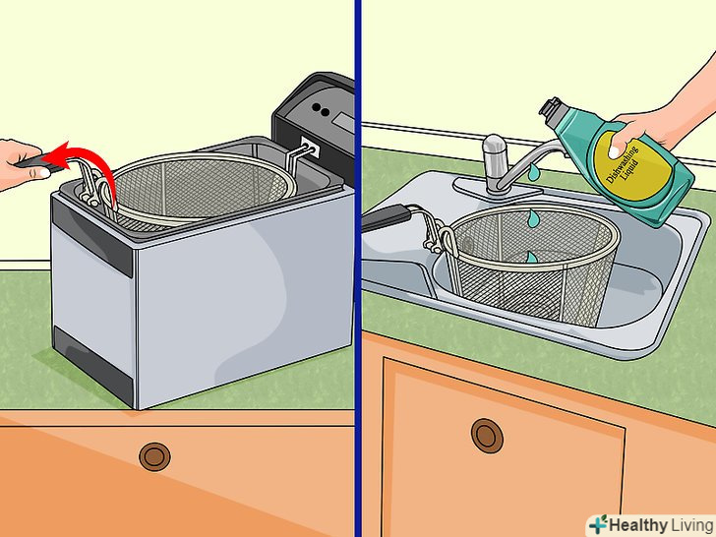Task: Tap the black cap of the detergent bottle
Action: tap(550, 107)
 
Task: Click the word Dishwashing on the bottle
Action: tap(621, 164)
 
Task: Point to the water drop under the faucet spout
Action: tap(532, 173)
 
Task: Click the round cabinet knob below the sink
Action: tap(487, 436)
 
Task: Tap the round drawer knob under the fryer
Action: tap(154, 456)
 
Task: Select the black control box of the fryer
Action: tap(315, 123)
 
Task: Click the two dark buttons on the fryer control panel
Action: tap(321, 108)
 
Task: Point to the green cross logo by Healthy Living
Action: tap(599, 524)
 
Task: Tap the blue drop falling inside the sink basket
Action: tap(532, 257)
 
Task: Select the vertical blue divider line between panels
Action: tap(358, 268)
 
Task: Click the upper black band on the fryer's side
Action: tap(91, 236)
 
